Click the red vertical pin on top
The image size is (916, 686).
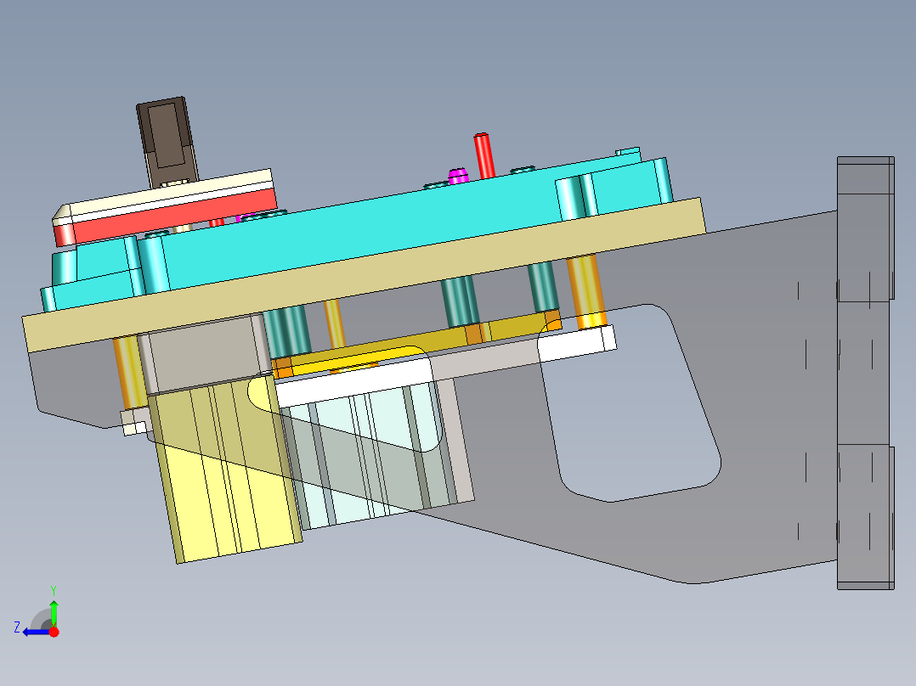pos(483,155)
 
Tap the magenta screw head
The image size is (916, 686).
pos(458,176)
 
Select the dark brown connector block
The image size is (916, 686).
pos(167,140)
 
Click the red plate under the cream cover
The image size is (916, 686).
pos(170,213)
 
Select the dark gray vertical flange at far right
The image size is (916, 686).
pos(865,374)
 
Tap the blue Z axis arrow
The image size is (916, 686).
pos(34,632)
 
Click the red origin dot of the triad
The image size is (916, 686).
pos(54,632)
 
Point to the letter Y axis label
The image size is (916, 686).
pos(53,589)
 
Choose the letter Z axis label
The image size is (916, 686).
pos(16,627)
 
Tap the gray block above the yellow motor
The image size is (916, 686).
pos(200,352)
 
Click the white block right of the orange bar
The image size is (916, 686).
pos(578,341)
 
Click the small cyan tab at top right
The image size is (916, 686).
pos(628,152)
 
